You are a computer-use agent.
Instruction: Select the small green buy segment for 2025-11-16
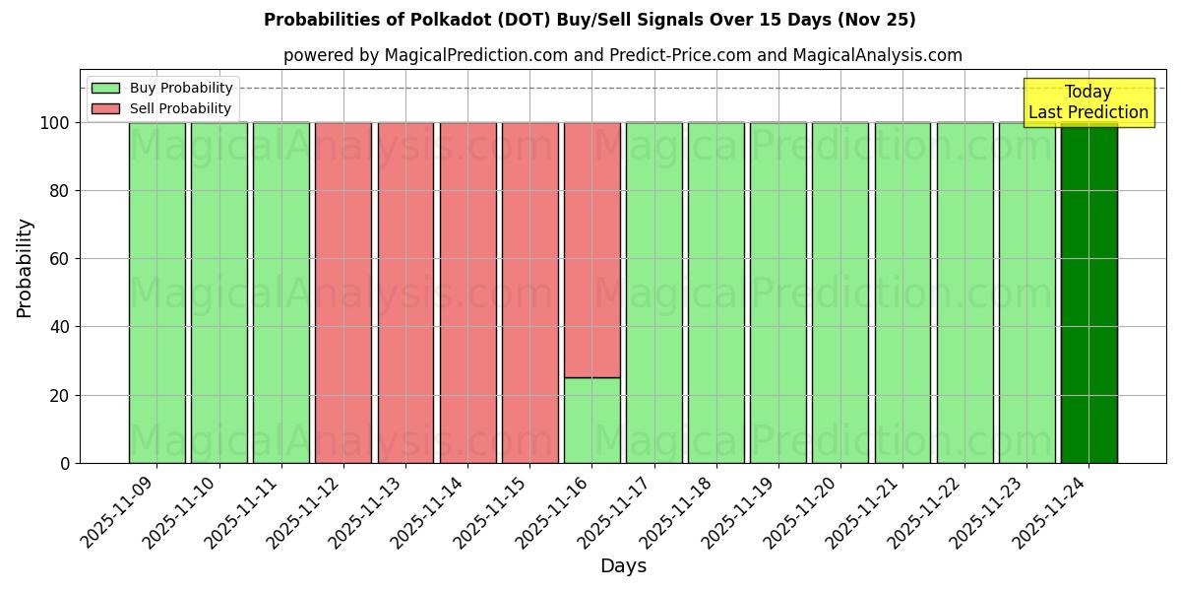pyautogui.click(x=591, y=421)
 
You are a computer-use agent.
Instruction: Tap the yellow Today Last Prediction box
pyautogui.click(x=1088, y=102)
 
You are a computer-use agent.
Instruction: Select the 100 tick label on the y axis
pyautogui.click(x=53, y=123)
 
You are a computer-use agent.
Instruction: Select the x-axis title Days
pyautogui.click(x=623, y=566)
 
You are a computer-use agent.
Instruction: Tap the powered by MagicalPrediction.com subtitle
pyautogui.click(x=425, y=55)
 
